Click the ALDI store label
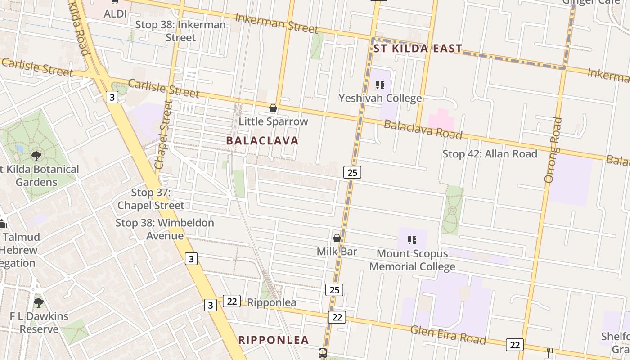pos(115,14)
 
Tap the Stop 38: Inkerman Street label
pos(180,31)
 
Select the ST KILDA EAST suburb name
pos(418,49)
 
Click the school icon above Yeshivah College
pos(380,85)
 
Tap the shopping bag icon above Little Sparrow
pos(273,108)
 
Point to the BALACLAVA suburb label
pos(262,141)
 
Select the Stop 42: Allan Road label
pos(490,154)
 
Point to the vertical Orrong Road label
pos(553,150)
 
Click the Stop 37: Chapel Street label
pos(151,199)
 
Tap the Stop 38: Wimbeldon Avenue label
pos(165,229)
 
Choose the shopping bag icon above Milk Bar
pos(337,238)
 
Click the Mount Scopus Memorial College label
pos(412,260)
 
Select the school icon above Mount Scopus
pos(412,240)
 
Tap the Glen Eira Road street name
pos(448,334)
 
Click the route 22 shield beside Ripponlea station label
pos(232,301)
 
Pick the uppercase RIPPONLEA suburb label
pos(274,340)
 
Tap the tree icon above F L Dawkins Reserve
pos(39,302)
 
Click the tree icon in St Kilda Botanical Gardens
pos(36,156)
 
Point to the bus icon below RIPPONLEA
pos(323,353)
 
